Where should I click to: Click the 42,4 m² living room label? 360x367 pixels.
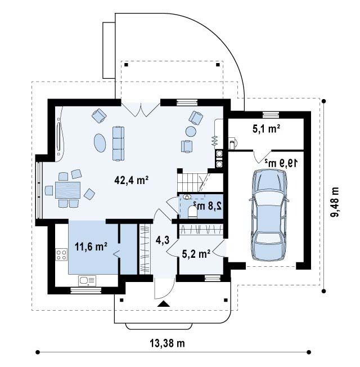pyautogui.click(x=132, y=180)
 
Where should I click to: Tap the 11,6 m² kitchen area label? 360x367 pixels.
pyautogui.click(x=91, y=247)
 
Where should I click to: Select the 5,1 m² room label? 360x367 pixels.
pyautogui.click(x=267, y=129)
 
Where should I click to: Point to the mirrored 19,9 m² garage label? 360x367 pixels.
pyautogui.click(x=281, y=163)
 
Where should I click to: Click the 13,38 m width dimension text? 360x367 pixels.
pyautogui.click(x=167, y=343)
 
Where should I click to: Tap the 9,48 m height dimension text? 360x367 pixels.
pyautogui.click(x=335, y=202)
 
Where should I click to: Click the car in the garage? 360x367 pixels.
pyautogui.click(x=269, y=215)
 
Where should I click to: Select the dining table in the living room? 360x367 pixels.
pyautogui.click(x=68, y=190)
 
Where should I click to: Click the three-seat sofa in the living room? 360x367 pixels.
pyautogui.click(x=118, y=144)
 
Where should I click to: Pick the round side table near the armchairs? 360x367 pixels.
pyautogui.click(x=191, y=131)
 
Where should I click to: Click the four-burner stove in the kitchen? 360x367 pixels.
pyautogui.click(x=61, y=254)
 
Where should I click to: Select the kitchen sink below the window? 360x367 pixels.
pyautogui.click(x=87, y=281)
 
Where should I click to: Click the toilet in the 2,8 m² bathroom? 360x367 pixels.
pyautogui.click(x=193, y=212)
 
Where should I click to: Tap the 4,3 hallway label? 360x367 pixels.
pyautogui.click(x=163, y=240)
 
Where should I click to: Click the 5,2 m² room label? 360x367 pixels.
pyautogui.click(x=196, y=253)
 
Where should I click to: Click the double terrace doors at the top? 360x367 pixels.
pyautogui.click(x=141, y=110)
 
